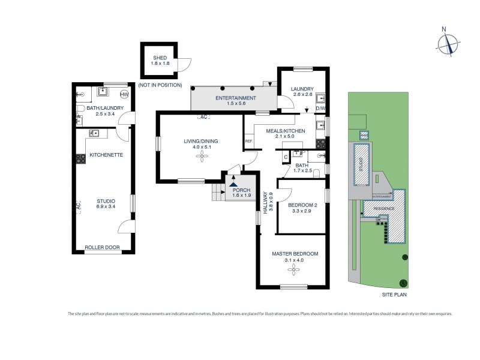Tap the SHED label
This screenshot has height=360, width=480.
click(159, 57)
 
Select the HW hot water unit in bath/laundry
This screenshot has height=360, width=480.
click(124, 94)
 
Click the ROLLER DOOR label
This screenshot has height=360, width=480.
click(100, 247)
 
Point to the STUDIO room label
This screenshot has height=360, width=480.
click(106, 200)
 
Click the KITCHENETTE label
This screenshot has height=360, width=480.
click(106, 155)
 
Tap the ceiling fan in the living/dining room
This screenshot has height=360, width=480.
click(200, 157)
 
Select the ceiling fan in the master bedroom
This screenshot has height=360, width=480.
click(294, 270)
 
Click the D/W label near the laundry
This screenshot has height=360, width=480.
click(320, 109)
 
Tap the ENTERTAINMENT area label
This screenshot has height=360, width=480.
click(236, 98)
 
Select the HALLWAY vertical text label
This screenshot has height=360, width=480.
click(264, 204)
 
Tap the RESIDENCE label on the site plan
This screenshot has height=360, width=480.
click(385, 208)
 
